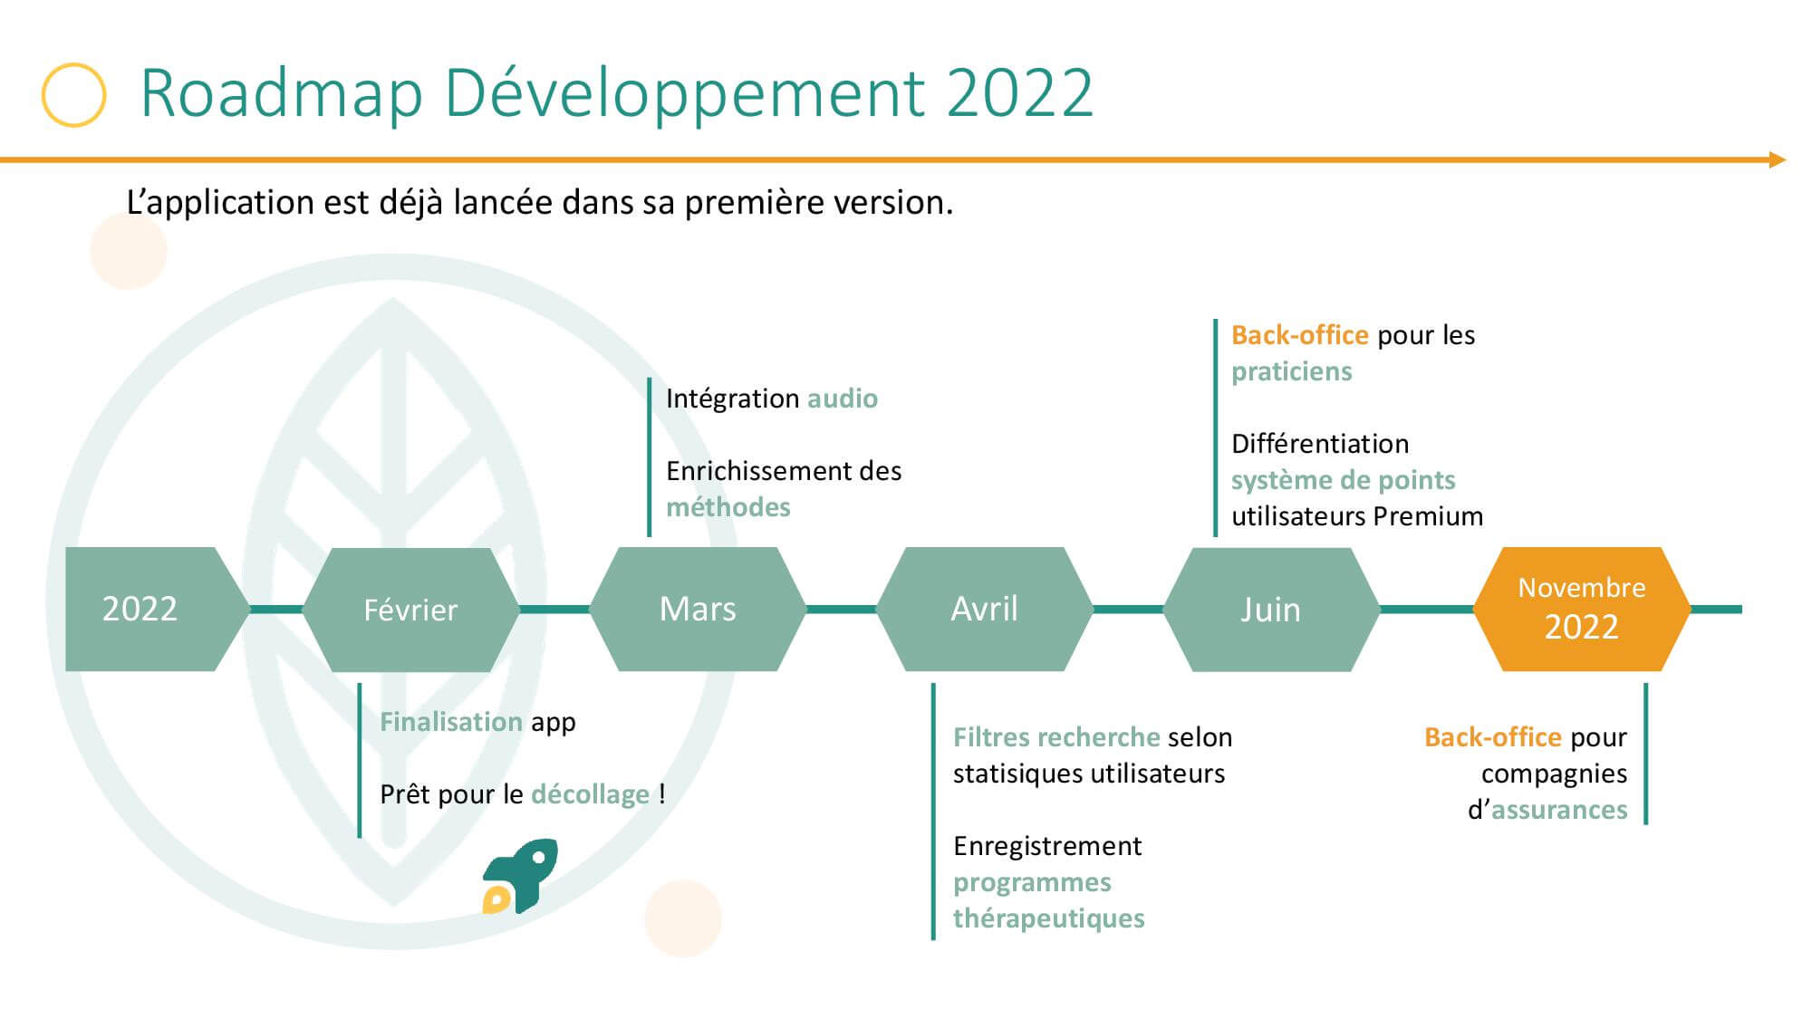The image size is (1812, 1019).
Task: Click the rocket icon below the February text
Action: pos(520,876)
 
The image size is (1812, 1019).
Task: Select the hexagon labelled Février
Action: pos(411,610)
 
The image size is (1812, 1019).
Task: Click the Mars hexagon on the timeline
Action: pos(698,609)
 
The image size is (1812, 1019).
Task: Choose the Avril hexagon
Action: pos(985,609)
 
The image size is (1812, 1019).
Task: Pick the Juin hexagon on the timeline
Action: pos(1271,610)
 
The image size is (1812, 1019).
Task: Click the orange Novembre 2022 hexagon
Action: pos(1582,609)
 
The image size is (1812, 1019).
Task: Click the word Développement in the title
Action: pos(686,93)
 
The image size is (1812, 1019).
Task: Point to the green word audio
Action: pos(843,399)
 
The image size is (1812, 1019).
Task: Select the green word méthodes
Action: pos(728,507)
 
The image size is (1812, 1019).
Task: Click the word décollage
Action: pos(590,794)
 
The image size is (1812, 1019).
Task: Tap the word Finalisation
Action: pos(451,722)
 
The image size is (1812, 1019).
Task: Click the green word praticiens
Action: pos(1292,371)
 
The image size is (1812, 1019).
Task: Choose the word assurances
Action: pos(1559,810)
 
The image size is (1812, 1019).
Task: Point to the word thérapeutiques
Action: pos(1049,918)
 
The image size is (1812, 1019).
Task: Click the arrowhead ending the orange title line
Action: pos(1778,160)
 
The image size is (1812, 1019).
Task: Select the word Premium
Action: pos(1428,516)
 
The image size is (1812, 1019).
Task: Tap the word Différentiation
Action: pos(1320,444)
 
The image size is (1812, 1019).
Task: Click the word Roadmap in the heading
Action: pos(282,93)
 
